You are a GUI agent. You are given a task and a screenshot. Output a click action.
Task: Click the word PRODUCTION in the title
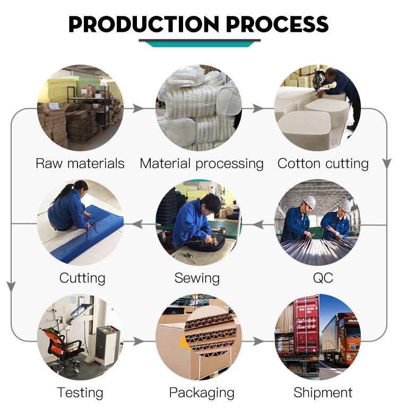pos(144,24)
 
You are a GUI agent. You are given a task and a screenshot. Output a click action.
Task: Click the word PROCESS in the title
pos(277,24)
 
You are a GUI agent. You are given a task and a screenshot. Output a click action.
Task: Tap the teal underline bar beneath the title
pos(200,43)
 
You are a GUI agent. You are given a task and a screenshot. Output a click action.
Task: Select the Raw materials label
pos(80,163)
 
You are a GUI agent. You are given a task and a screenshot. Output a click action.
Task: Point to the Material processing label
pos(202,164)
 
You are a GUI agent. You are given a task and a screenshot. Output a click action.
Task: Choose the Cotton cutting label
pos(323,164)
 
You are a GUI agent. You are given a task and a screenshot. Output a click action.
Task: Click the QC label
pos(323,278)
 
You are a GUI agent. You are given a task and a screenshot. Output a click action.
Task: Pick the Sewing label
pos(197,278)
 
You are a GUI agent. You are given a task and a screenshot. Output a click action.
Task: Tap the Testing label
pos(80,393)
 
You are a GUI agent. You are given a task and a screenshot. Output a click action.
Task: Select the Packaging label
pos(202,393)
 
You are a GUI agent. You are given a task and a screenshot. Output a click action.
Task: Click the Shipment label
pos(323,393)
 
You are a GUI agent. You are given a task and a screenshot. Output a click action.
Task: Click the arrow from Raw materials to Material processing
pos(138,109)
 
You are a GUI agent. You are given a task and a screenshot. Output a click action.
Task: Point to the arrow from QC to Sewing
pos(258,224)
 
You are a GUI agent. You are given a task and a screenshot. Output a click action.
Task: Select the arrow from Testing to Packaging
pos(139,341)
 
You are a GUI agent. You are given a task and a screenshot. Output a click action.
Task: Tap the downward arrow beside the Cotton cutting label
pos(387,163)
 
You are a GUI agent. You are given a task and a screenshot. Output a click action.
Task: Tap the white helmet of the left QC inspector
pos(309,202)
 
